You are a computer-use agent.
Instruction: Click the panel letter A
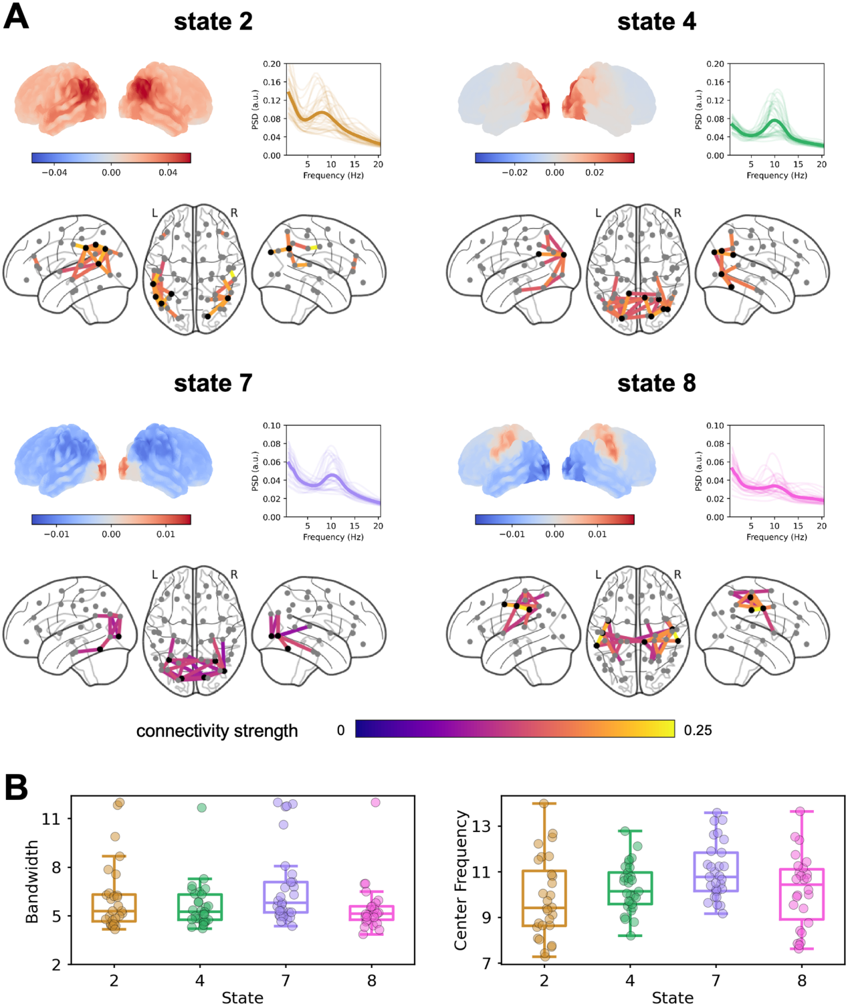coord(16,16)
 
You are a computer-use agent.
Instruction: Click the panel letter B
coord(16,787)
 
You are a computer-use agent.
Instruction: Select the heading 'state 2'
coord(213,21)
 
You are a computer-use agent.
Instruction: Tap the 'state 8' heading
coord(656,383)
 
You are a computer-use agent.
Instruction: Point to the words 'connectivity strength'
coord(217,731)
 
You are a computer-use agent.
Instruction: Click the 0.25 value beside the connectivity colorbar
coord(698,730)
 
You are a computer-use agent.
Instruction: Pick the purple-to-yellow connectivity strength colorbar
coord(514,728)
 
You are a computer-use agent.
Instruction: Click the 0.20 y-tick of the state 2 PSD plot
coord(272,64)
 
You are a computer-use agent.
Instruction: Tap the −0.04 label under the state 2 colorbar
coord(54,173)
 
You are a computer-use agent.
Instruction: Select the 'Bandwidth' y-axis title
coord(31,882)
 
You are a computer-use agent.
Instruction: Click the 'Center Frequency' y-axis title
coord(460,880)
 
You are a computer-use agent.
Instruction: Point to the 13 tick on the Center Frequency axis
coord(482,826)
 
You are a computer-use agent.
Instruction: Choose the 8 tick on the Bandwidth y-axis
coord(56,867)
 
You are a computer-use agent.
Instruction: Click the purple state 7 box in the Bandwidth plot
coord(286,897)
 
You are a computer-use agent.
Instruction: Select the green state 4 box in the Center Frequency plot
coord(630,888)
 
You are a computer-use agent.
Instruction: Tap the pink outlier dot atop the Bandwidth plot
coord(375,802)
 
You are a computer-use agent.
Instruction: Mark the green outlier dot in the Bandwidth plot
coord(201,807)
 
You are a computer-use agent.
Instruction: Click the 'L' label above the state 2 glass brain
coord(154,213)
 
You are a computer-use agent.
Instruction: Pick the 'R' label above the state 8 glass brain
coord(677,575)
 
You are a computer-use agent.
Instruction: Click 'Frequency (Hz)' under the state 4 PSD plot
coord(776,175)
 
